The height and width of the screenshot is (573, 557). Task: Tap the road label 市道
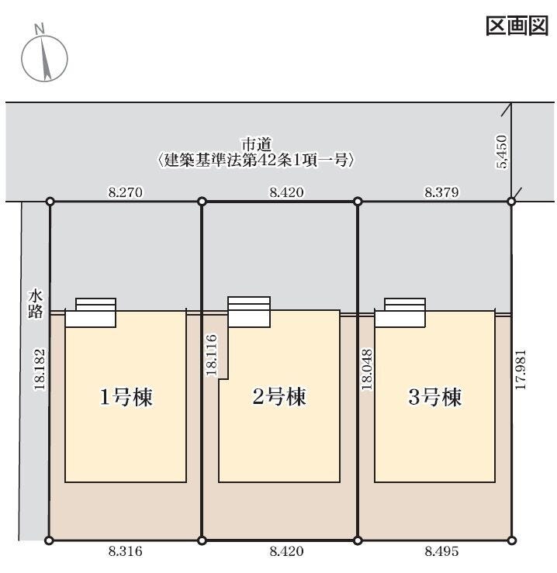click(x=257, y=144)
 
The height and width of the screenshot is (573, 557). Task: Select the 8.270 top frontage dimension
click(x=124, y=191)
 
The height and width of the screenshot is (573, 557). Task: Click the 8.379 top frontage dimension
click(x=443, y=191)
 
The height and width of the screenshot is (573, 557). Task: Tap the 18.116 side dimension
click(x=211, y=355)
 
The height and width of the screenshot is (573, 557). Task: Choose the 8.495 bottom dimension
click(x=441, y=552)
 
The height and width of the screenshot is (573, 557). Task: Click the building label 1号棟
click(x=125, y=398)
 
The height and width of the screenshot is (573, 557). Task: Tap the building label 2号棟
click(x=280, y=397)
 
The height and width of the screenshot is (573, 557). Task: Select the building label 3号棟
click(x=435, y=398)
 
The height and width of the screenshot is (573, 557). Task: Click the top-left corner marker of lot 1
click(x=50, y=202)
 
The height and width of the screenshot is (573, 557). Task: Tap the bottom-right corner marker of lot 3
click(x=512, y=540)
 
